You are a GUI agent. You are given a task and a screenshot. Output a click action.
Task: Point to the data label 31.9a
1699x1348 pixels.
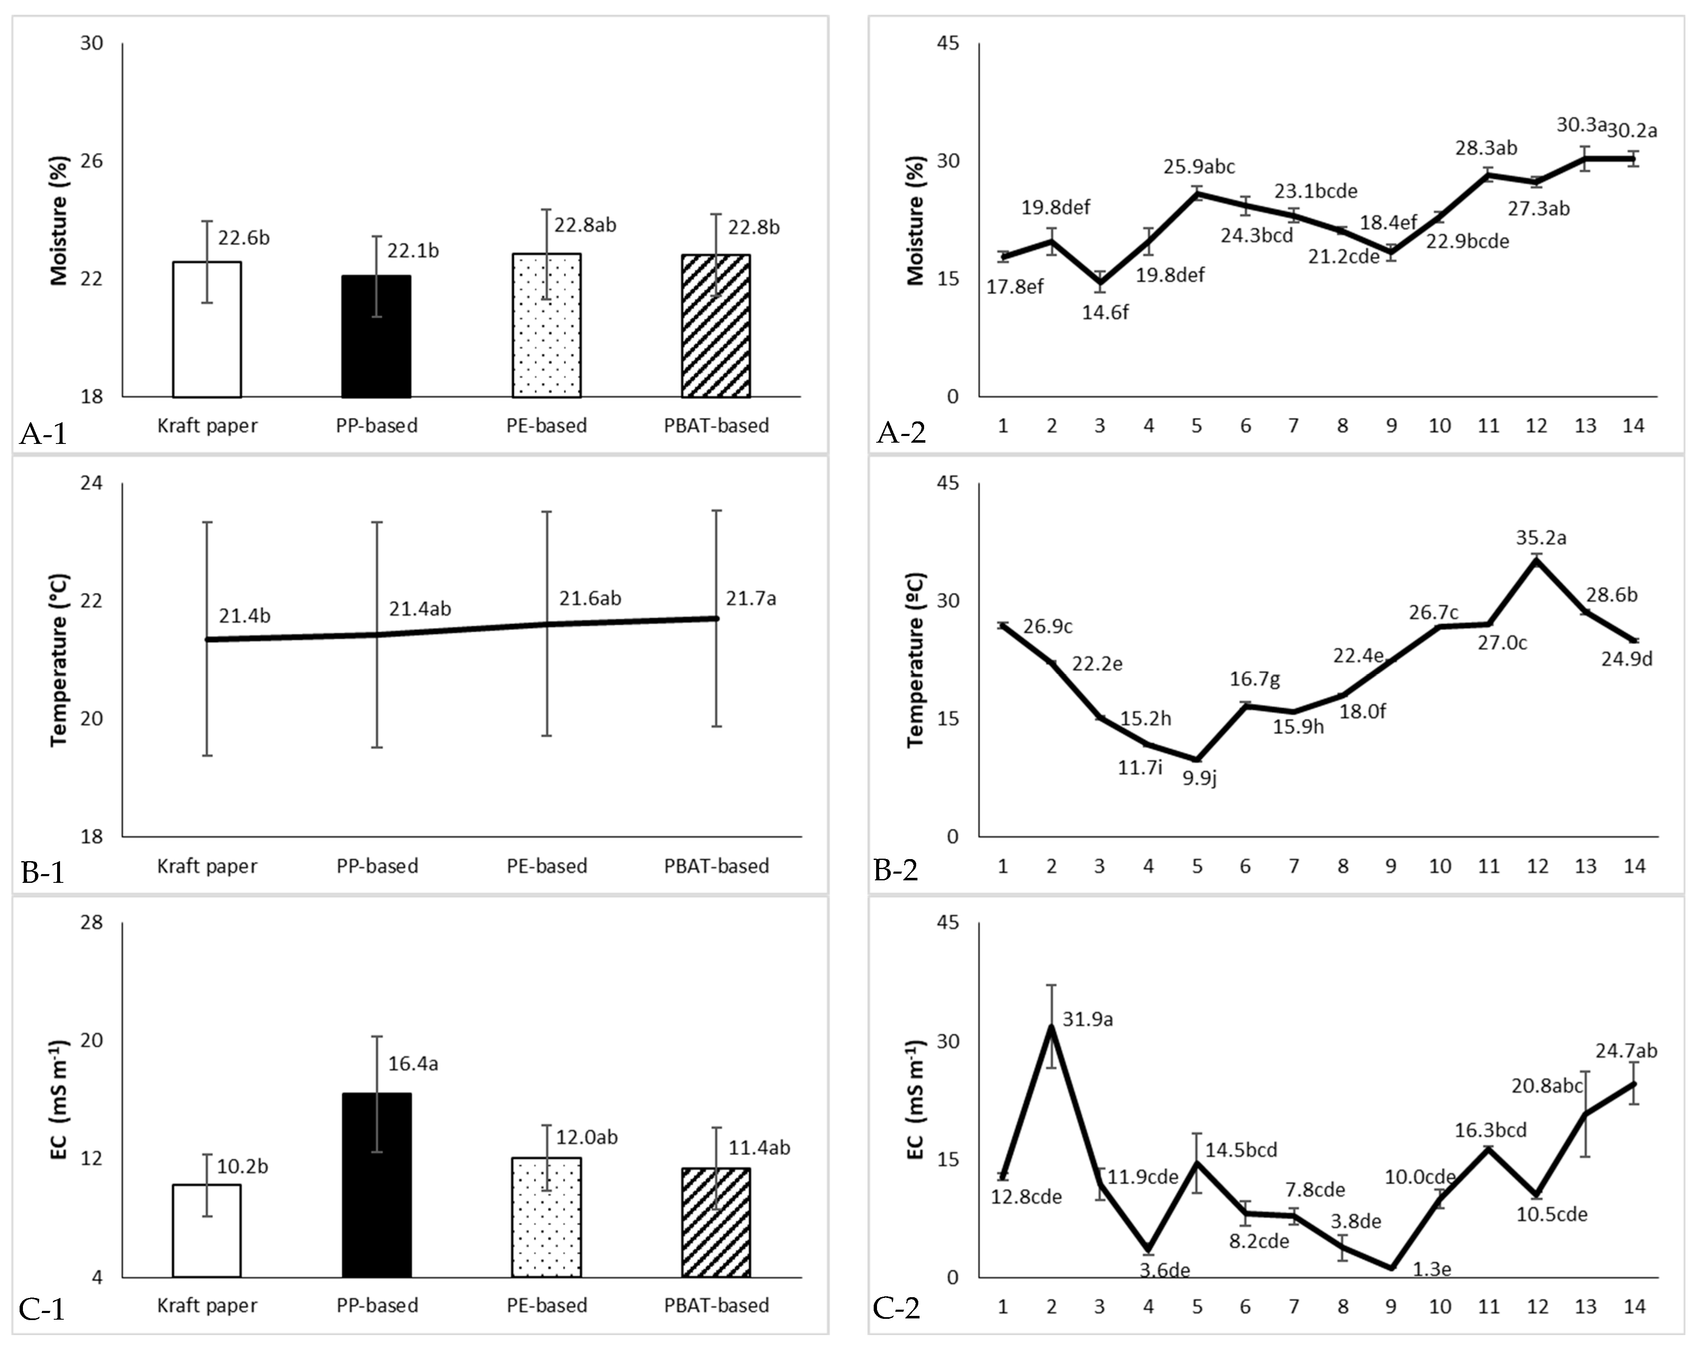1088,1020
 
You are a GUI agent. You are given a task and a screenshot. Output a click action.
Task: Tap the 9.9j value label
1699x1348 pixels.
1199,779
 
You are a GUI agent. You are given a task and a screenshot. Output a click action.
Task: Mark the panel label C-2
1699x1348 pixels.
897,1308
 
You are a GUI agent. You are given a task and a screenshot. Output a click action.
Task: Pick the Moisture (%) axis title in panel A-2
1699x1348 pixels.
916,240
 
